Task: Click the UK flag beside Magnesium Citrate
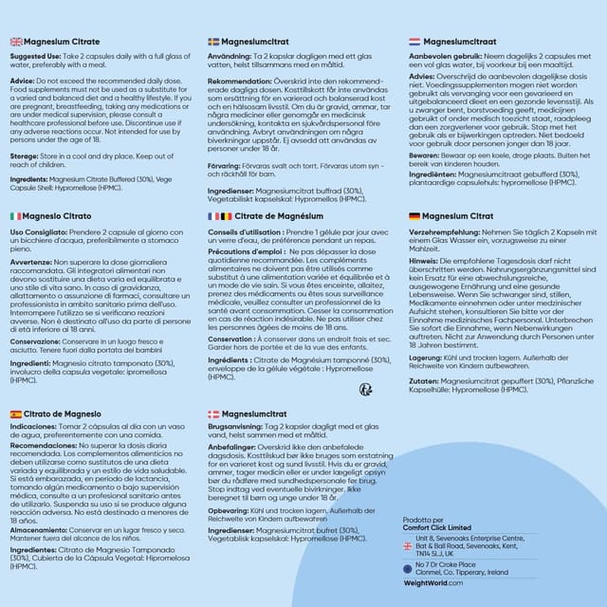tap(16, 42)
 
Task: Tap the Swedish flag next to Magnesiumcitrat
tap(213, 42)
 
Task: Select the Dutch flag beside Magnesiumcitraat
tap(414, 42)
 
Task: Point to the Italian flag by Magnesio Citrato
tap(16, 216)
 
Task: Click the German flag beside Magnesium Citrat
tap(414, 216)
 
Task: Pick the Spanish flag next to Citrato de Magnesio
tap(16, 414)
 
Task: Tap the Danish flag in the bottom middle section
tap(213, 414)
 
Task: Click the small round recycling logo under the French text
tap(364, 389)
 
